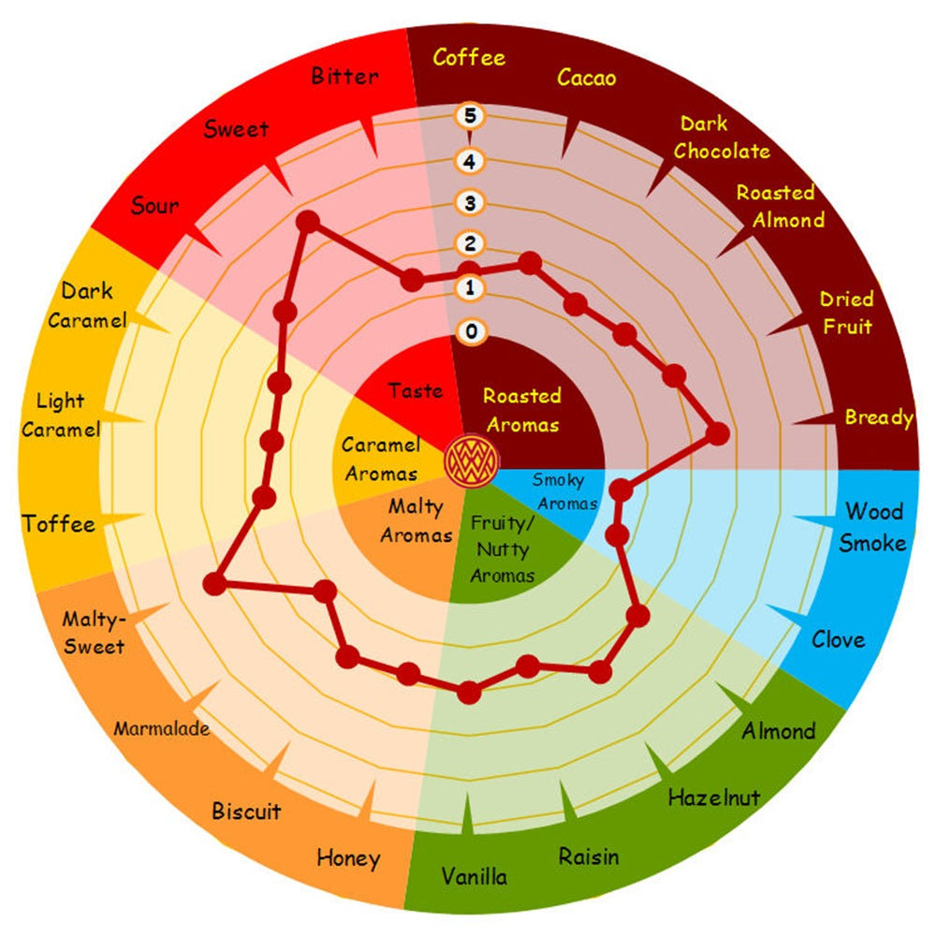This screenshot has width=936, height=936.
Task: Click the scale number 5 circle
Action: click(470, 115)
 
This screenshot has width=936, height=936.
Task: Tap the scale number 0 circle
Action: click(471, 331)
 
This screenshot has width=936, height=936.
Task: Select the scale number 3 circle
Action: click(470, 203)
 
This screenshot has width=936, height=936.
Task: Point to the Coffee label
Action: click(469, 58)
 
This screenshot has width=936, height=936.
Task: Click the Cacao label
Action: click(586, 78)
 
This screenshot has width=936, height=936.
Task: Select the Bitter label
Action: click(345, 77)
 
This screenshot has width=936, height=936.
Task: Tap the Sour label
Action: click(154, 205)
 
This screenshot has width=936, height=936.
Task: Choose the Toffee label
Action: click(58, 524)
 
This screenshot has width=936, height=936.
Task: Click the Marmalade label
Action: click(162, 728)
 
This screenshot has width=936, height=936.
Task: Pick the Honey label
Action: click(348, 858)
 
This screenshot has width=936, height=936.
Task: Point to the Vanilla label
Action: click(475, 876)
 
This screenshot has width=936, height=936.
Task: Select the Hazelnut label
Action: click(714, 797)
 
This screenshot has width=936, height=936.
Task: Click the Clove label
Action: click(838, 640)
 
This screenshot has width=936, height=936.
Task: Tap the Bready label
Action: click(879, 417)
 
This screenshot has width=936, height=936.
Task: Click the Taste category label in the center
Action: click(416, 390)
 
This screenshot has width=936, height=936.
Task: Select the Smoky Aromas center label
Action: click(564, 491)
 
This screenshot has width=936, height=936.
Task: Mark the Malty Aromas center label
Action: click(417, 520)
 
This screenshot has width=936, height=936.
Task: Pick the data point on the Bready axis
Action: click(718, 433)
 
